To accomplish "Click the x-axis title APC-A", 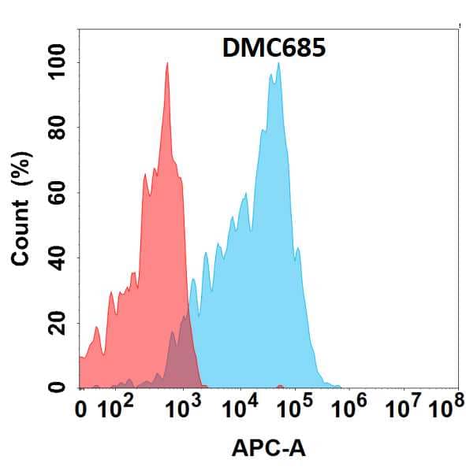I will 269,449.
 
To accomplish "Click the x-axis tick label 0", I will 81,410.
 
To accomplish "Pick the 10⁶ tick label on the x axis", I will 349,408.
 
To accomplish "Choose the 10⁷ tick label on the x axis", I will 402,408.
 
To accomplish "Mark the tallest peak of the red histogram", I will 167,66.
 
